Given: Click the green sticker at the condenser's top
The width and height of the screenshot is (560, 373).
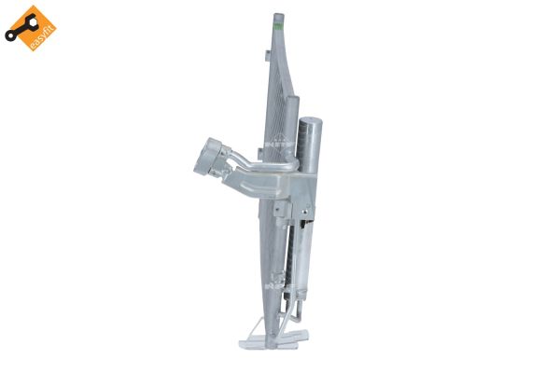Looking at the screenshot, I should (277, 29).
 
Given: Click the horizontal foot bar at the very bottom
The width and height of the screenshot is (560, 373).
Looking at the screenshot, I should (280, 345).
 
